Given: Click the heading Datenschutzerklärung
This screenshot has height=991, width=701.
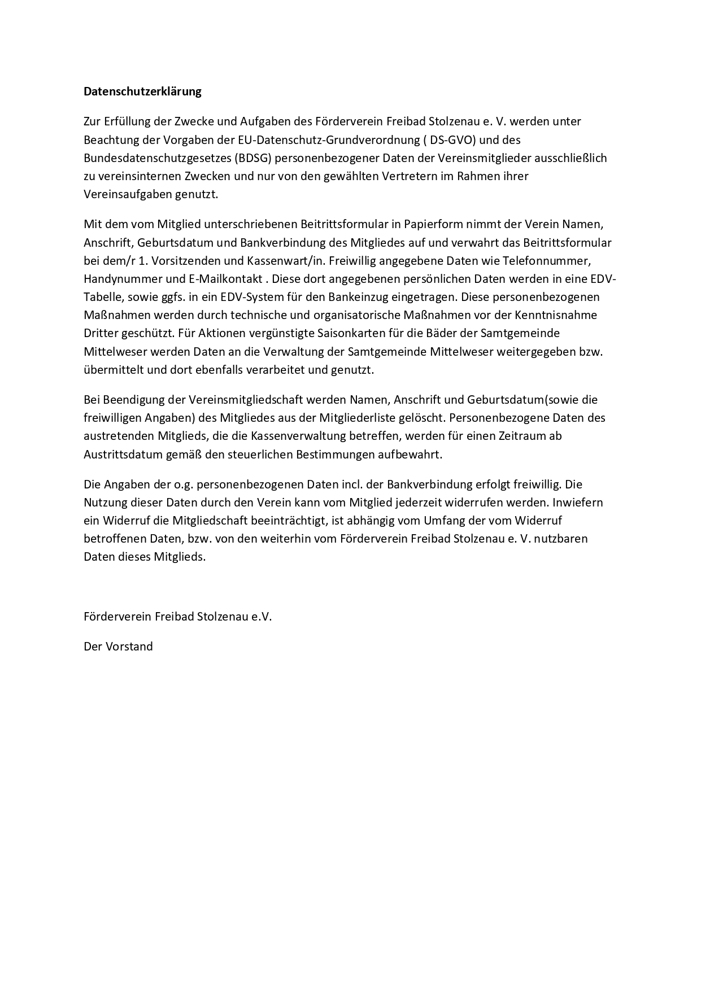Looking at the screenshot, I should [x=142, y=91].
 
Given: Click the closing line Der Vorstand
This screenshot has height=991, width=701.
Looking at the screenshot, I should [x=118, y=647].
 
